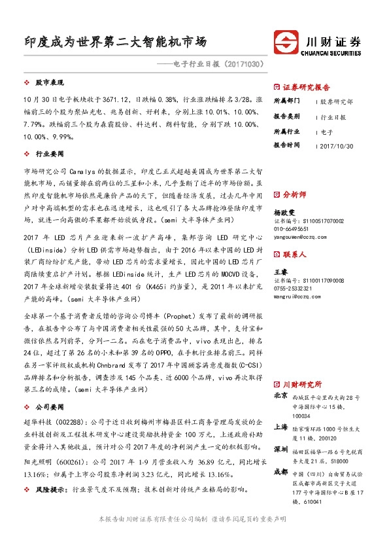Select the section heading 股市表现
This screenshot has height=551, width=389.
click(x=49, y=83)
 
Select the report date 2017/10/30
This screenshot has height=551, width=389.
click(x=337, y=145)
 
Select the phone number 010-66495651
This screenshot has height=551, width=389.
click(x=291, y=230)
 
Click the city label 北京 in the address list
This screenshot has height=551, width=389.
click(x=280, y=396)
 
